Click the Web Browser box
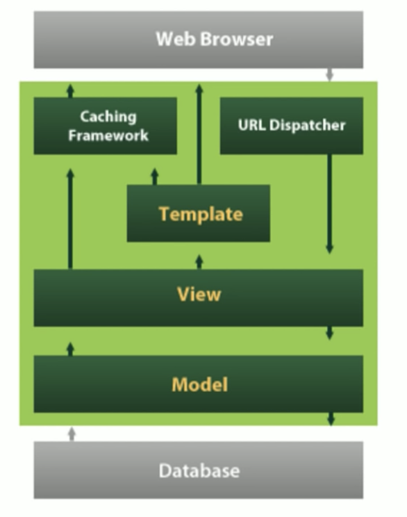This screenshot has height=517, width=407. click(199, 40)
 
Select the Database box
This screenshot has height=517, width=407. click(199, 470)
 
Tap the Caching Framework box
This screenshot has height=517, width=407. click(105, 126)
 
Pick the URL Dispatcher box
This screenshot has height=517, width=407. click(292, 126)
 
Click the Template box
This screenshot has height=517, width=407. click(199, 213)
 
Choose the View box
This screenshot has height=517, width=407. click(199, 297)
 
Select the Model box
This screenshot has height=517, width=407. click(199, 384)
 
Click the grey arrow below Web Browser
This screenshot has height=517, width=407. click(329, 75)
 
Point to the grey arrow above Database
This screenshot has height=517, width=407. click(72, 434)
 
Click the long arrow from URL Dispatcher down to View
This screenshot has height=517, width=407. click(329, 204)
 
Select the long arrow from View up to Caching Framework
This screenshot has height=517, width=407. click(70, 219)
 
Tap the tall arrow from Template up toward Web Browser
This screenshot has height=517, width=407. click(199, 134)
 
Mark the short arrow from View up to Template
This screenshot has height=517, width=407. click(199, 262)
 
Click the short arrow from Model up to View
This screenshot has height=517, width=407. click(70, 349)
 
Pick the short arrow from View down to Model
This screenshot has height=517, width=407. click(329, 333)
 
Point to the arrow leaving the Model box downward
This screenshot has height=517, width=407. click(331, 419)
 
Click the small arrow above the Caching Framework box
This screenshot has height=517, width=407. click(70, 90)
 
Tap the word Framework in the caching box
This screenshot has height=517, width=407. click(108, 136)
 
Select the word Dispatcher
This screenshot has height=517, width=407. click(307, 125)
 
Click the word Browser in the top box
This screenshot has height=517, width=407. click(237, 39)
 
